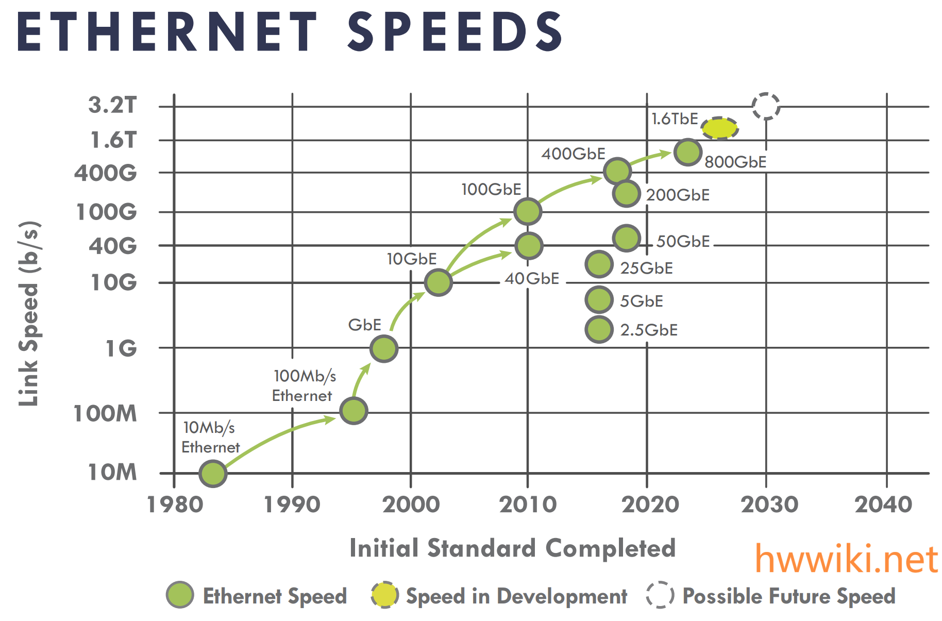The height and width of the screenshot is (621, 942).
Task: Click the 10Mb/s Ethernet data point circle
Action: [212, 473]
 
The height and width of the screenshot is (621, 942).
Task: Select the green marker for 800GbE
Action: [687, 152]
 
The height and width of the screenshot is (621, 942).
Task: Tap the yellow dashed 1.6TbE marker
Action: [719, 128]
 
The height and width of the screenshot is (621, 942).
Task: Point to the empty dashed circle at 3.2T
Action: [766, 106]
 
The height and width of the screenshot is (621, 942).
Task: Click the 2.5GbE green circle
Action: [599, 329]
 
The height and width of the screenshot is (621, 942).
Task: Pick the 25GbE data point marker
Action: [599, 264]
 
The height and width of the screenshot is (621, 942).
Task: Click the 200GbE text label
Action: [678, 195]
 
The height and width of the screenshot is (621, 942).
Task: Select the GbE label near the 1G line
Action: [364, 325]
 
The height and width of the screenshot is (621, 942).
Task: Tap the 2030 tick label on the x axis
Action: [769, 505]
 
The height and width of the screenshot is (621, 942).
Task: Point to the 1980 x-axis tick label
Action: [175, 505]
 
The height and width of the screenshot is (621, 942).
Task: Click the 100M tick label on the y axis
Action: [105, 413]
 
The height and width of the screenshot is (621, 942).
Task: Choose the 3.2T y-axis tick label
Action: [112, 105]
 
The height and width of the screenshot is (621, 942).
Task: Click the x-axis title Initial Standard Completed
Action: [512, 548]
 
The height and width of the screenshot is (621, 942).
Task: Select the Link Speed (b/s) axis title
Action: [29, 313]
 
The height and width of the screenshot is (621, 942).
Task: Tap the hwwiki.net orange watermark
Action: [846, 559]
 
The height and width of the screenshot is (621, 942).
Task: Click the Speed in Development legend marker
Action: [384, 595]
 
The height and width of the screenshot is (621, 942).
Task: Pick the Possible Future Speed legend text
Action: [788, 596]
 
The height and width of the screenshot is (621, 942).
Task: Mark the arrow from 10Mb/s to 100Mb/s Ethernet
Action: [278, 435]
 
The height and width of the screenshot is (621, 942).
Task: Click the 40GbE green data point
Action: [529, 245]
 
